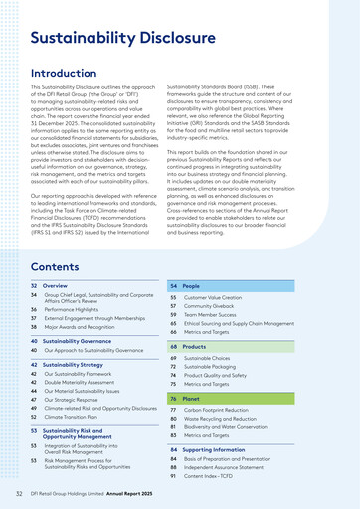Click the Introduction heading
(x=78, y=74)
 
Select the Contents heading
(x=61, y=267)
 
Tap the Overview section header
(x=56, y=285)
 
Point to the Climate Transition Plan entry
(x=83, y=417)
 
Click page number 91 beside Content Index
(x=173, y=478)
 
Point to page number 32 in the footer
(x=19, y=494)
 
